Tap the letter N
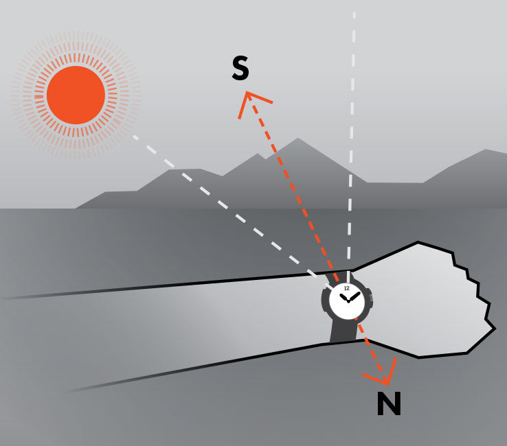click(x=389, y=405)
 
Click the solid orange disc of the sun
click(x=76, y=95)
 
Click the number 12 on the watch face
click(x=346, y=288)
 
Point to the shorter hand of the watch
click(x=343, y=296)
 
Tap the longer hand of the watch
click(x=354, y=296)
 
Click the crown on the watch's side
click(x=371, y=299)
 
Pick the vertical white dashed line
click(x=352, y=137)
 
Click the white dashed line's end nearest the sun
click(x=135, y=137)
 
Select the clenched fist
click(x=426, y=298)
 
